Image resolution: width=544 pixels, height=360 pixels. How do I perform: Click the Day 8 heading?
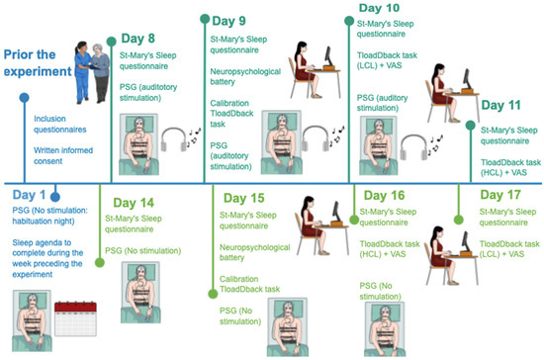[137, 39]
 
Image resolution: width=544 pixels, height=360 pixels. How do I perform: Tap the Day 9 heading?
[228, 21]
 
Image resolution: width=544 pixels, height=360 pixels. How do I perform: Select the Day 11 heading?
[501, 105]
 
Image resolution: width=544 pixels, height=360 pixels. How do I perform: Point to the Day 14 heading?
[134, 203]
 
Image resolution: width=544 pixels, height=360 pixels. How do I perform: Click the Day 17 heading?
[500, 195]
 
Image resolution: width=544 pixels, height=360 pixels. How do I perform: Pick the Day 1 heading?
[29, 195]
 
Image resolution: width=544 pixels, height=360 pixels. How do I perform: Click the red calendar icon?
[75, 318]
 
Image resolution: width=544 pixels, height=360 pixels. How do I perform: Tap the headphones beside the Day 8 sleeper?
[174, 139]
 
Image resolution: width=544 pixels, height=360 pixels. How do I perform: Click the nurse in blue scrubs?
[82, 72]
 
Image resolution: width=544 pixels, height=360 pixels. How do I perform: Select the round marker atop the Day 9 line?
[205, 19]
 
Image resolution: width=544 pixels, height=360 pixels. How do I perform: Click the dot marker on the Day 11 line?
[470, 126]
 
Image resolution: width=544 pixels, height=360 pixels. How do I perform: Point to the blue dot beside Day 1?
[55, 197]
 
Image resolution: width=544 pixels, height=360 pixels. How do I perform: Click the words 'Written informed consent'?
[63, 155]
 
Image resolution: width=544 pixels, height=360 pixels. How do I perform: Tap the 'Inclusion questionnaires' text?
[60, 125]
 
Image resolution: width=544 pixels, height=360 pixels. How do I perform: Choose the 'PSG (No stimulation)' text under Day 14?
[143, 251]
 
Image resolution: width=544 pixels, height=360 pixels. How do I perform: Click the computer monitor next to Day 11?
[467, 79]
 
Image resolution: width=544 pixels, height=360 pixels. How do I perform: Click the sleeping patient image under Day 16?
[385, 329]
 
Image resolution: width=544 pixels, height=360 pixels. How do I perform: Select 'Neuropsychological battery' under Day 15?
[254, 252]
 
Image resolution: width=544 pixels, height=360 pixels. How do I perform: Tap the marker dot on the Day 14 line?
[100, 262]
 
